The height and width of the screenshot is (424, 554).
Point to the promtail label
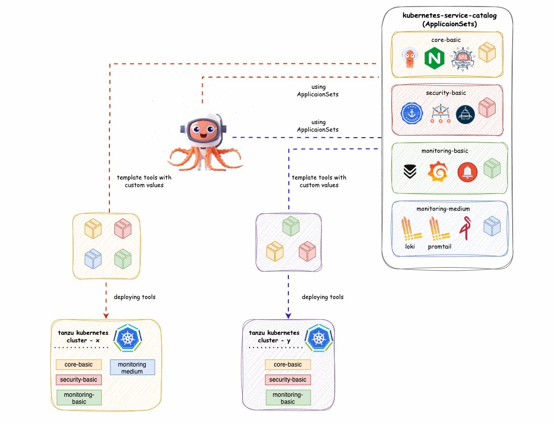[439, 247]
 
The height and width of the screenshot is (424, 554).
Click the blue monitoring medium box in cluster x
[132, 368]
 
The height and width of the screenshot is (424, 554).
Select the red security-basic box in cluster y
[288, 380]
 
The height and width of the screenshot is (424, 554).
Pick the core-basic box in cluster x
[79, 364]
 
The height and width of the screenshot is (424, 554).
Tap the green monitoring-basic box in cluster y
[288, 398]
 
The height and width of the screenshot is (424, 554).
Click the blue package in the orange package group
[93, 259]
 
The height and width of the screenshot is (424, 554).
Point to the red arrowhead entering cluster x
[106, 316]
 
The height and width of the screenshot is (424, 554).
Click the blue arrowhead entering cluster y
[288, 316]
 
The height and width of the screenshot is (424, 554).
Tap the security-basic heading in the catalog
[445, 93]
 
